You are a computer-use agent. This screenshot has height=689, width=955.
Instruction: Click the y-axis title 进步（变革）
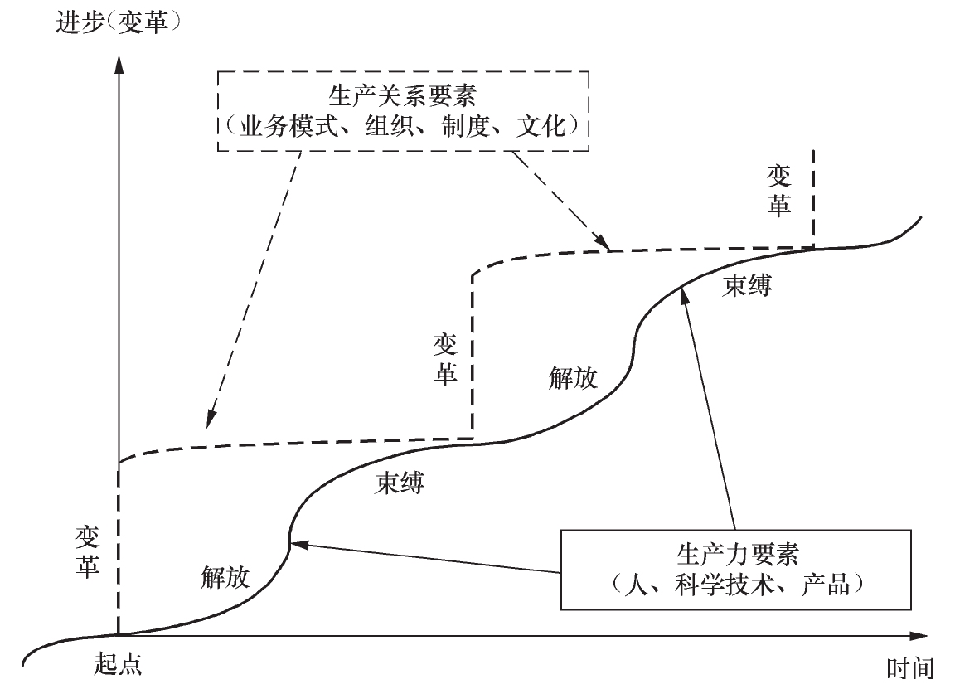(119, 22)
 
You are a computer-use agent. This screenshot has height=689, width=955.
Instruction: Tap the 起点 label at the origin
(119, 663)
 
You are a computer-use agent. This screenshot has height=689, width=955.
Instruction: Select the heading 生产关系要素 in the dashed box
(403, 95)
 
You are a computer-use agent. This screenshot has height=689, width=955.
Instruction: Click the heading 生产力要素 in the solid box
(737, 554)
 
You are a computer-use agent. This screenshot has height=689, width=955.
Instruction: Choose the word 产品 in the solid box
(826, 585)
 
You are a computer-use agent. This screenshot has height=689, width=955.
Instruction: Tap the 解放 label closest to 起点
(225, 576)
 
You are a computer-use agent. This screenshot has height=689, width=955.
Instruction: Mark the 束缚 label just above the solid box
(747, 285)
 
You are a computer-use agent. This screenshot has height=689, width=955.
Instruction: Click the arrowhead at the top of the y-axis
(119, 64)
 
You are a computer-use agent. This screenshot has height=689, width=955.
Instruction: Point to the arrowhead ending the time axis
(919, 636)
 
